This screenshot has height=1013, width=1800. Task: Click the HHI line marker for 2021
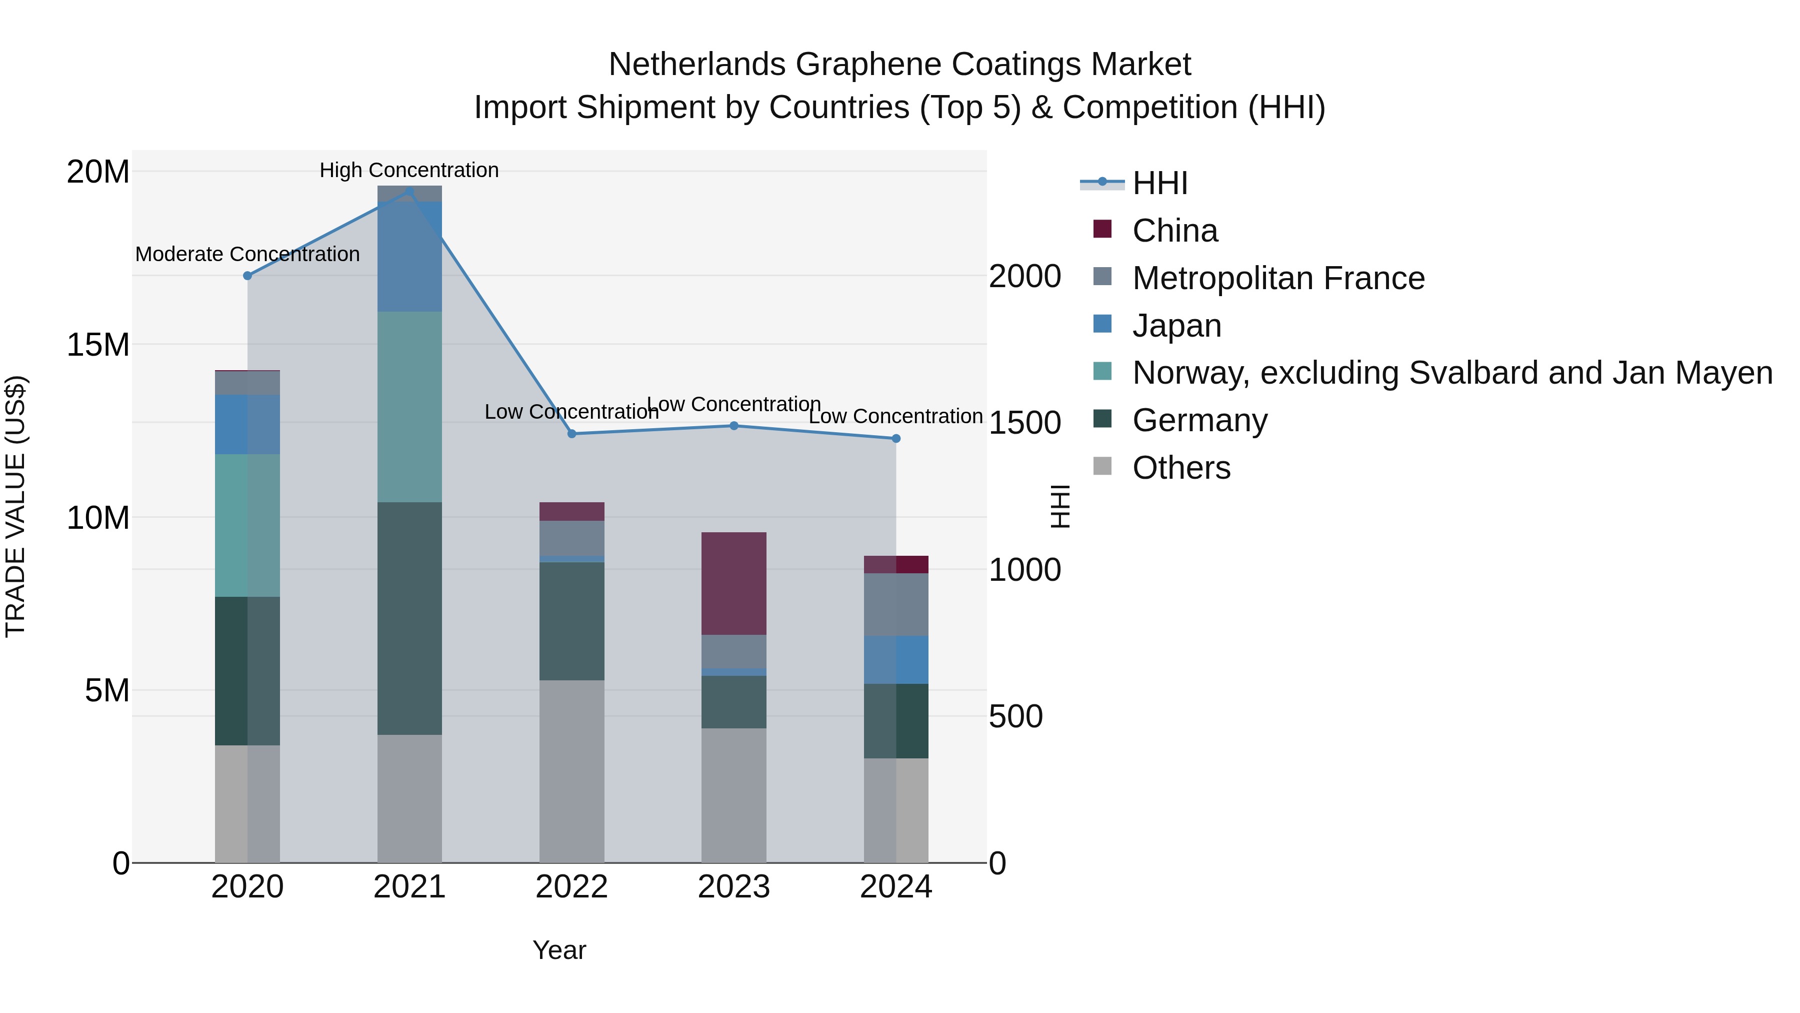409,191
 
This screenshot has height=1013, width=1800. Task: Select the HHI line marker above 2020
247,276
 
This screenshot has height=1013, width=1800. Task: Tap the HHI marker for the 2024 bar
896,438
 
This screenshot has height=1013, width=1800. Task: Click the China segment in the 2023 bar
733,583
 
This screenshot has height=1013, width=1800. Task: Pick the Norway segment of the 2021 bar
409,406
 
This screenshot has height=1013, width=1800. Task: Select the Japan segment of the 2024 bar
896,659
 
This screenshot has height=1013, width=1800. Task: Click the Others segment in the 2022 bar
571,770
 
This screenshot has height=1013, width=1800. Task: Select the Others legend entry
1181,468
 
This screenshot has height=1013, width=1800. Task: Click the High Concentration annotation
409,170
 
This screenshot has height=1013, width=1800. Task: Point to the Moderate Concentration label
247,254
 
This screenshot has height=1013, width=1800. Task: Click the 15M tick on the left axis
98,345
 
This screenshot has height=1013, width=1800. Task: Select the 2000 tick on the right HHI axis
1024,276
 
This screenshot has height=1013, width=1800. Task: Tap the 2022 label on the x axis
571,887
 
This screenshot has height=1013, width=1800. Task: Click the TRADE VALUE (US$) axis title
15,506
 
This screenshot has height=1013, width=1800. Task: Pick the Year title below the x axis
559,950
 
